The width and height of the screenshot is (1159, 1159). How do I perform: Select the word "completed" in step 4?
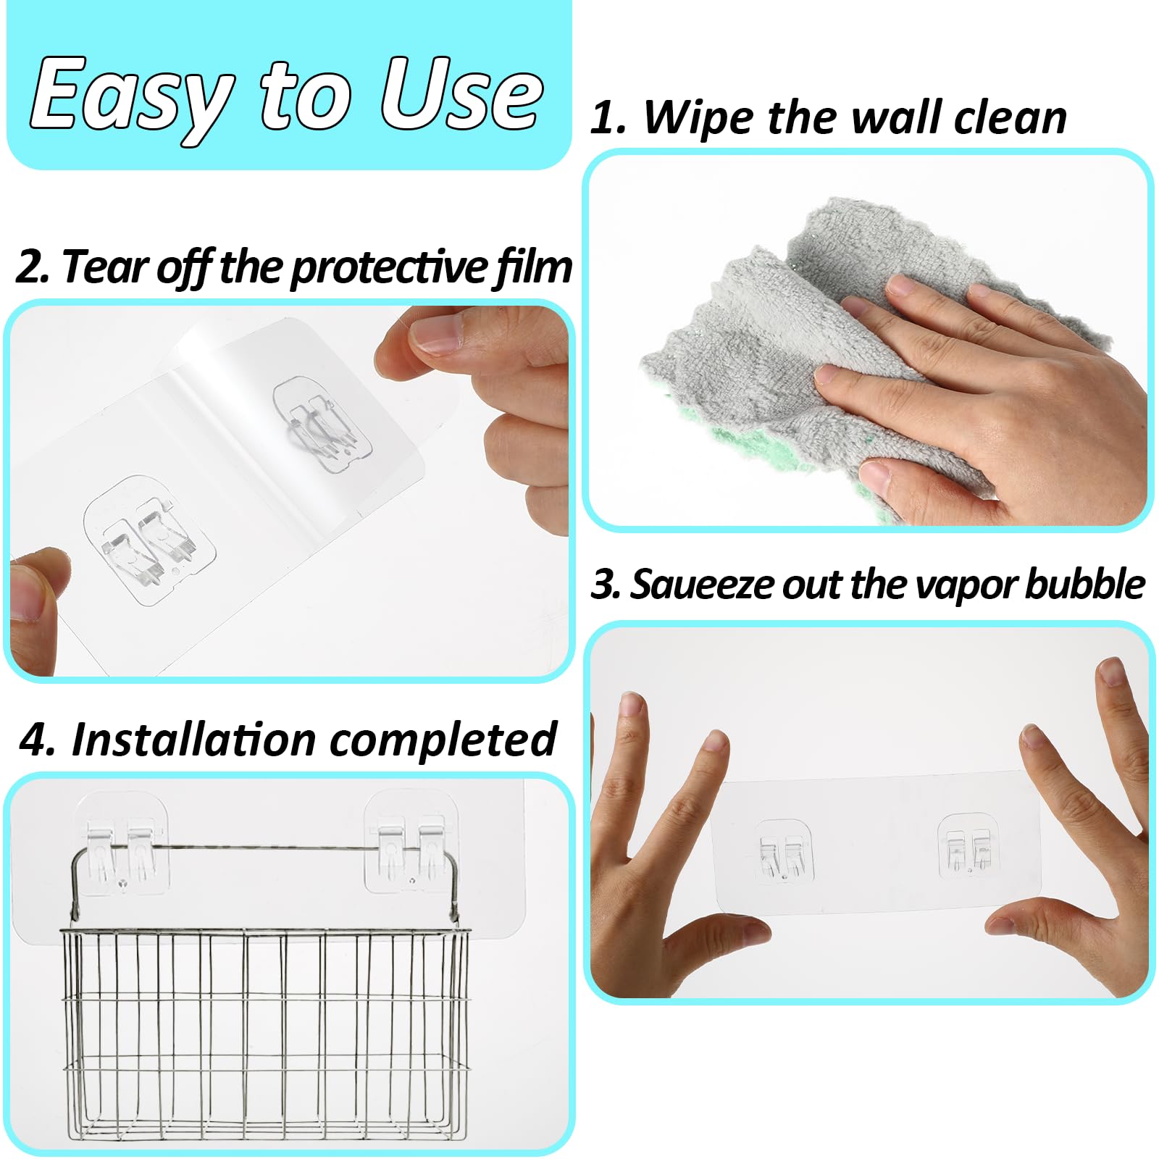point(443,740)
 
